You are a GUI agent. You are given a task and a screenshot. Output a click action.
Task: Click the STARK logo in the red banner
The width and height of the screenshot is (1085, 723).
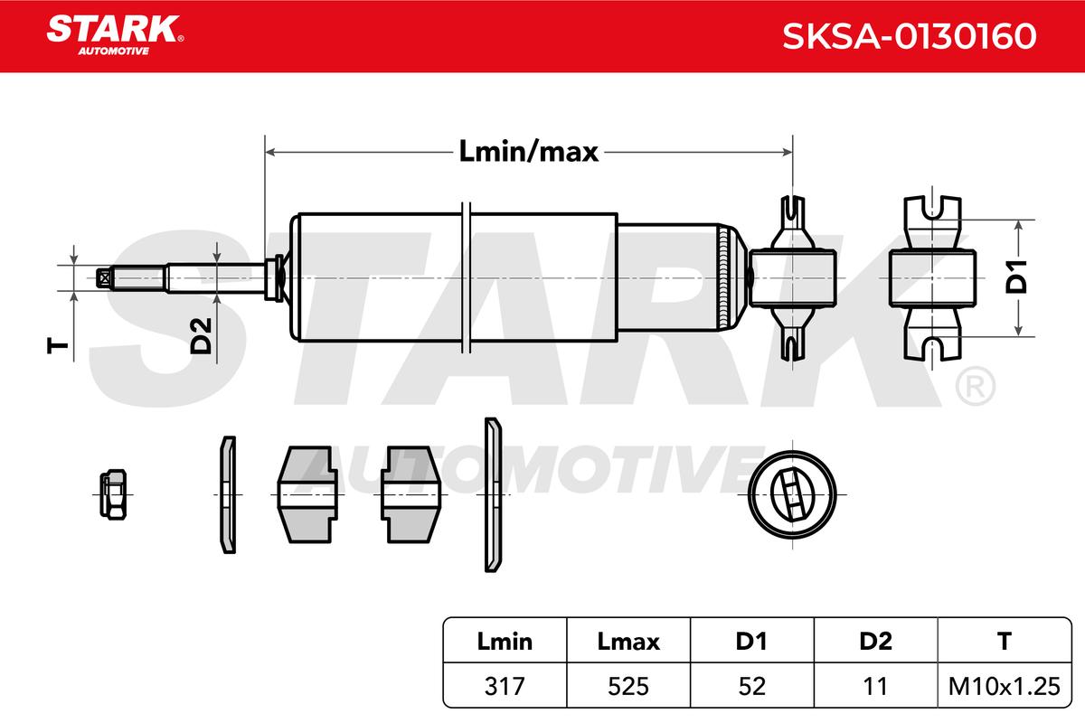(x=115, y=35)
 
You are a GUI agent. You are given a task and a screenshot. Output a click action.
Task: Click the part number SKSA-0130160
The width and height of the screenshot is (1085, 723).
(x=910, y=36)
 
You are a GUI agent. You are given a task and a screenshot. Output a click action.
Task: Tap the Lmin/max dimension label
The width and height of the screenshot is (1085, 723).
(x=528, y=152)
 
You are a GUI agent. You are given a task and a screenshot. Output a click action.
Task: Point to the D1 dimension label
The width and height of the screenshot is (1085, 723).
(x=1016, y=277)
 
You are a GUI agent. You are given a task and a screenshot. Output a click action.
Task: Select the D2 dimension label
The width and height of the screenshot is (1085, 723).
(x=201, y=335)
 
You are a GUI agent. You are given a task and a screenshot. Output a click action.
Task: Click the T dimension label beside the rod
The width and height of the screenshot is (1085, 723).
(x=58, y=346)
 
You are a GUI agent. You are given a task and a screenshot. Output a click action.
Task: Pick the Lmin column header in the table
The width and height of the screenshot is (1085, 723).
(x=505, y=642)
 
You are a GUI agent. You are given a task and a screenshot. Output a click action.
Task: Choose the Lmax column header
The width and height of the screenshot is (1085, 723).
(x=628, y=642)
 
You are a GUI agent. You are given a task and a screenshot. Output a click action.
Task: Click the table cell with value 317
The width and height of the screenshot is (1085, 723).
(x=505, y=686)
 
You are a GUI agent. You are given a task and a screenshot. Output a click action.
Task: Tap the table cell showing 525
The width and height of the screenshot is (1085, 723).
(x=628, y=686)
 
